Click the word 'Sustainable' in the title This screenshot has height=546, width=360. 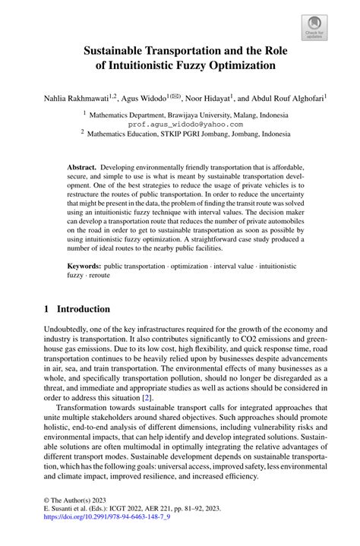[x=119, y=52]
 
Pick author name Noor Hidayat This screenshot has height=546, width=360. [x=210, y=98]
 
